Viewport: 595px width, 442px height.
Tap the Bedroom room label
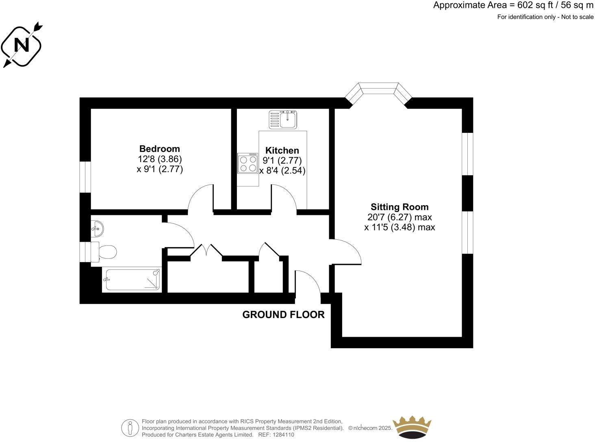coord(159,149)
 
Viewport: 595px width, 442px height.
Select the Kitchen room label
coord(282,151)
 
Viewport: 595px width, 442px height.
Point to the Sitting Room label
coord(400,207)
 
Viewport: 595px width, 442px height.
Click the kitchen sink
coord(284,119)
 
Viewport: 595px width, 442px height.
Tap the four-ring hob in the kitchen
coord(248,163)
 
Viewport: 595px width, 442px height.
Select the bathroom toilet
coord(105,252)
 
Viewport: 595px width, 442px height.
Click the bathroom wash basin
coord(98,228)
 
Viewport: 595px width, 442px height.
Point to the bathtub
coord(132,279)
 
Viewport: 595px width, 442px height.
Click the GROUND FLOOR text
coord(283,314)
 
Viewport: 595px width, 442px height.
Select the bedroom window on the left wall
coord(85,177)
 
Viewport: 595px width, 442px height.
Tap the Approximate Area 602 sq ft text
coord(513,5)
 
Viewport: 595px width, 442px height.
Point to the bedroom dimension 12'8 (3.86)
coord(160,159)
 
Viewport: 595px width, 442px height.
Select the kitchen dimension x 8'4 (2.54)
coord(282,171)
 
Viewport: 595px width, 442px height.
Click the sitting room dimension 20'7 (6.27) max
coord(400,217)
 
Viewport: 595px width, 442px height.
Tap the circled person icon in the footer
coord(130,427)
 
